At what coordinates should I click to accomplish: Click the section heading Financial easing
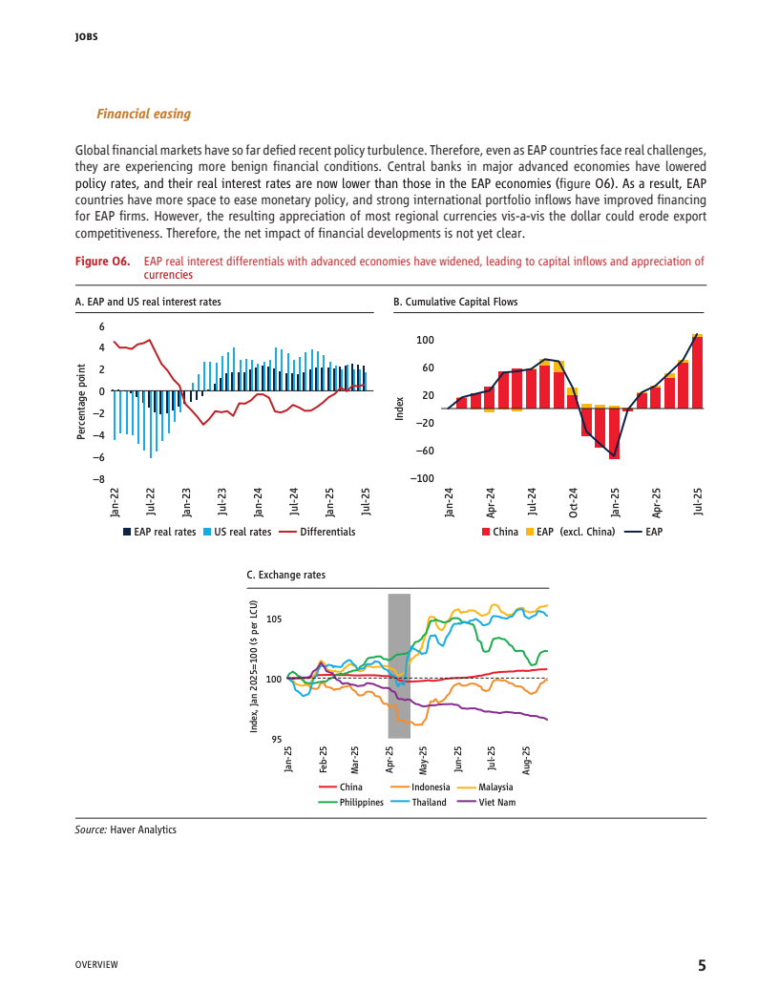[143, 115]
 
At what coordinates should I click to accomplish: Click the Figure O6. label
[102, 262]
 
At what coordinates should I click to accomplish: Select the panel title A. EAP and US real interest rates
[147, 302]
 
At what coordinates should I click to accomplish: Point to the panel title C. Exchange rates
[285, 576]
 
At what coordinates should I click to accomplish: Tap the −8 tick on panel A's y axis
[97, 479]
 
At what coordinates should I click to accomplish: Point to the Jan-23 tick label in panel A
[186, 502]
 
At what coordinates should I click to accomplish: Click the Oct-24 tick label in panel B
[573, 502]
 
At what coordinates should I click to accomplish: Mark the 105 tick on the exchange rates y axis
[275, 619]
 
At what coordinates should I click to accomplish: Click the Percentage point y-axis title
[81, 402]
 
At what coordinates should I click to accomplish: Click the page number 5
[702, 965]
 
